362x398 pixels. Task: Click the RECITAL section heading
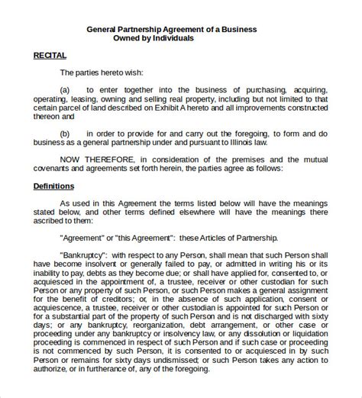click(x=50, y=55)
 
